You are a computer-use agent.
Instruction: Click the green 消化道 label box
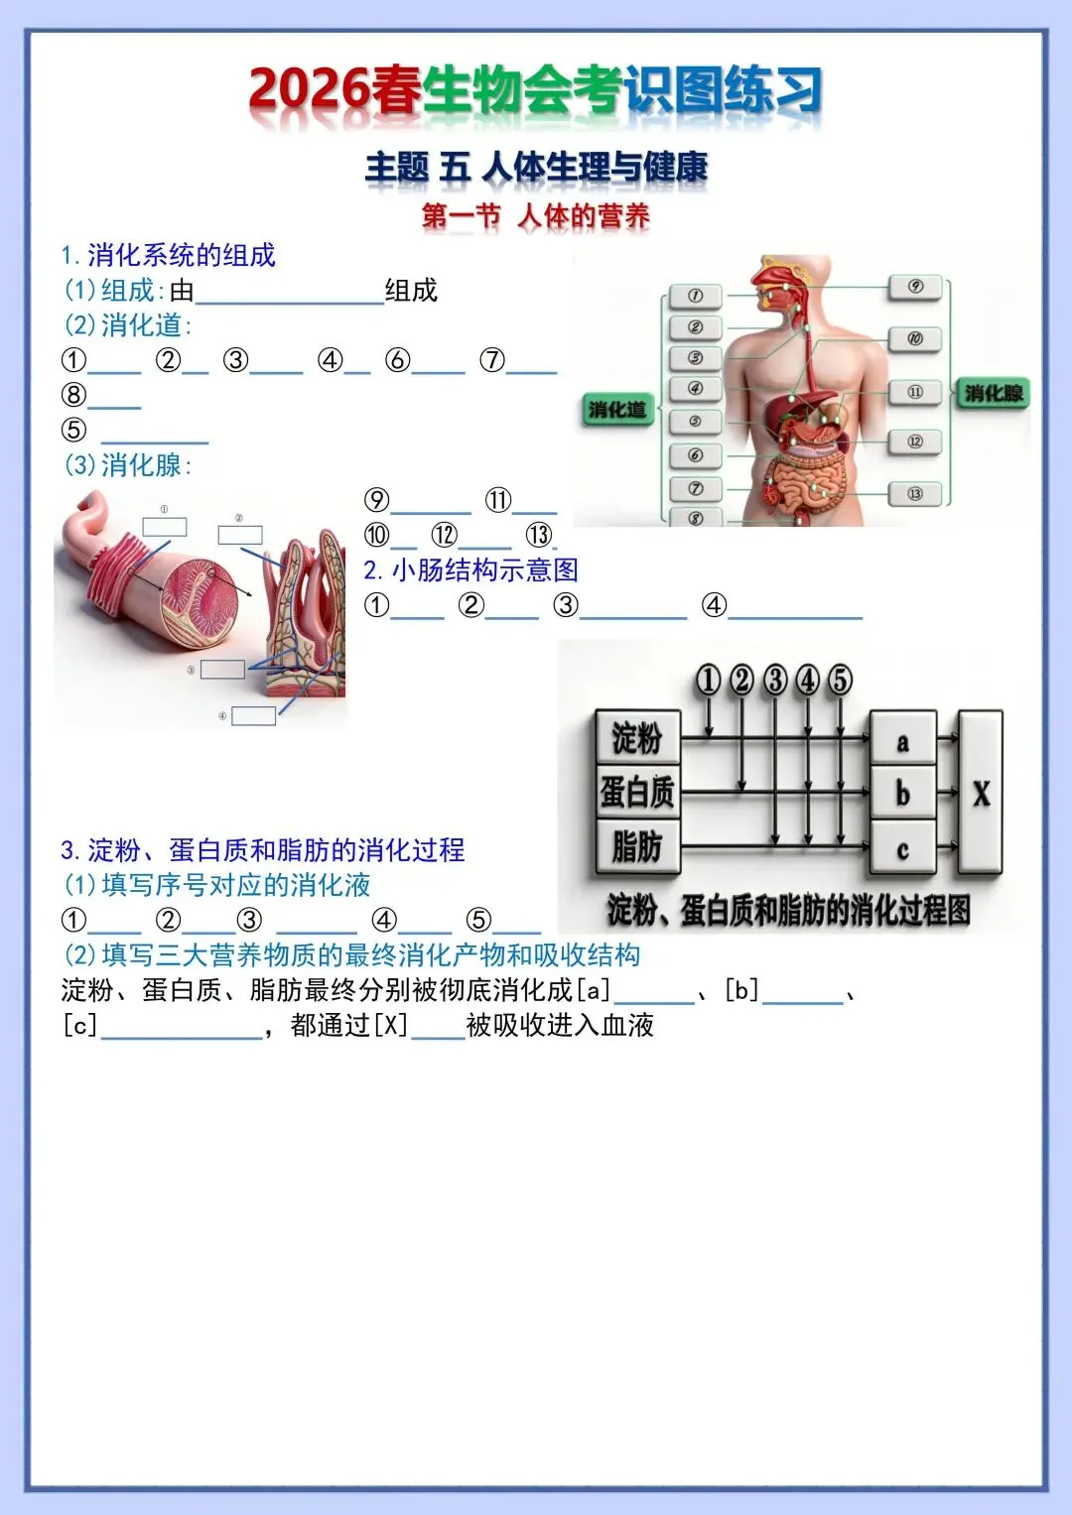pos(616,410)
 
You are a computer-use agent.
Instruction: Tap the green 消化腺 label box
pos(993,393)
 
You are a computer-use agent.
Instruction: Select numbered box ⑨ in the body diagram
pos(915,287)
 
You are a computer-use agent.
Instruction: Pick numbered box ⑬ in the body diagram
pos(914,493)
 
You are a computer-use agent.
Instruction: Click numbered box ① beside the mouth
pos(695,296)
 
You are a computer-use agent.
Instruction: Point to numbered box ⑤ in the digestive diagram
pos(695,422)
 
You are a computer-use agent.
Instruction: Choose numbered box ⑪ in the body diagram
pos(914,392)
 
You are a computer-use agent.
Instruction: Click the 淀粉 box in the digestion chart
pos(637,737)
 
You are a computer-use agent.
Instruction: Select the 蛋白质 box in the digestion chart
pos(637,792)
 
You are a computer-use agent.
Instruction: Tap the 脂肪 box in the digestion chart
pos(637,846)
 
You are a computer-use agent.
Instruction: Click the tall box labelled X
pos(981,793)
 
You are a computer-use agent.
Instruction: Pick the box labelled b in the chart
pos(902,793)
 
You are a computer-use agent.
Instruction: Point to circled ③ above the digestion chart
pos(775,680)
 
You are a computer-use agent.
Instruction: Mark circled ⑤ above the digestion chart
pos(840,680)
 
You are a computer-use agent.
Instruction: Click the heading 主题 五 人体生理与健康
pos(536,167)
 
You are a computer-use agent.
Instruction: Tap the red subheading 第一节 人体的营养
pos(536,215)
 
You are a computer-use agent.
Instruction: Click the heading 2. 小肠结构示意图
pos(470,569)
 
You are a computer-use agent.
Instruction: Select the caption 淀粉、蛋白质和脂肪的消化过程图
pos(789,910)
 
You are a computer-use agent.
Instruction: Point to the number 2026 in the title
pos(309,91)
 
